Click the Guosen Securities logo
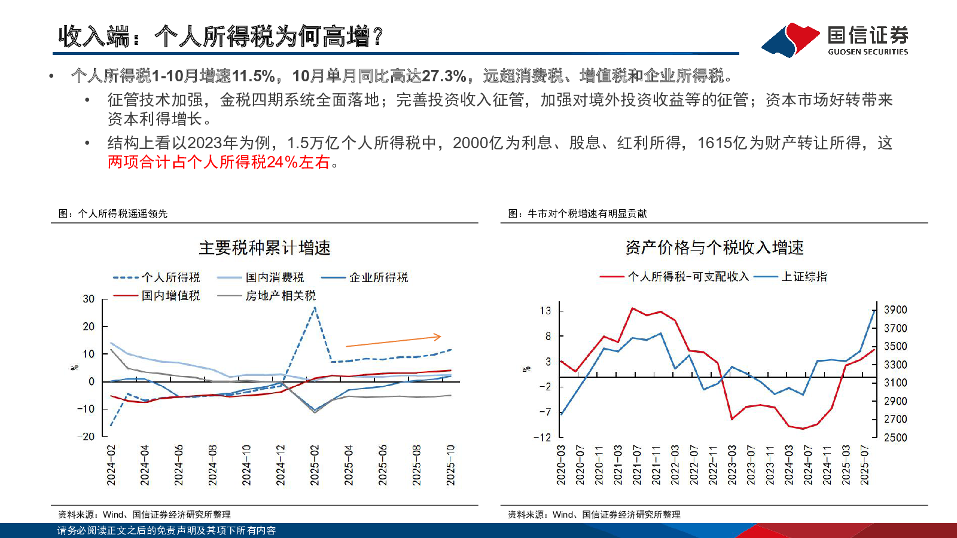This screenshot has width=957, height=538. (835, 39)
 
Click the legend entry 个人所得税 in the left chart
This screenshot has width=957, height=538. (170, 277)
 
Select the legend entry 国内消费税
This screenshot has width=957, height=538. (275, 277)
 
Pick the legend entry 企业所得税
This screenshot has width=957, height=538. (379, 277)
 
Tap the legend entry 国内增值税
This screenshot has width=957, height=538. (170, 295)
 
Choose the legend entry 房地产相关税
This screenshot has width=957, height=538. (281, 295)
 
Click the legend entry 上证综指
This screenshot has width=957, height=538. (804, 277)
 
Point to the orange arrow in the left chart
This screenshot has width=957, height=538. (394, 341)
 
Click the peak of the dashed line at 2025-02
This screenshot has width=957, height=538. (315, 308)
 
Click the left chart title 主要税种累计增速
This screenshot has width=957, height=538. (264, 248)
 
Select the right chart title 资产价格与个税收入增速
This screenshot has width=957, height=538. (714, 247)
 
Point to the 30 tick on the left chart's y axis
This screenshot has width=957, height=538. (89, 299)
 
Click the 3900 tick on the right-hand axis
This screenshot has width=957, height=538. (895, 310)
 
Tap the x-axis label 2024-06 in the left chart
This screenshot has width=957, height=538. (178, 465)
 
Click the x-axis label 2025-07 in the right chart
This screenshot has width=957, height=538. (864, 465)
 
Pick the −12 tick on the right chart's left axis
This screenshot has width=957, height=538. (542, 437)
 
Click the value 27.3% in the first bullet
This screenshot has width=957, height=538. (444, 76)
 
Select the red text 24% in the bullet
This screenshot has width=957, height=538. (282, 162)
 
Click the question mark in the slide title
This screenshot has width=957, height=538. (377, 37)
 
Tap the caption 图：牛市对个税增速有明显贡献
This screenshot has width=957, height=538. (577, 213)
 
